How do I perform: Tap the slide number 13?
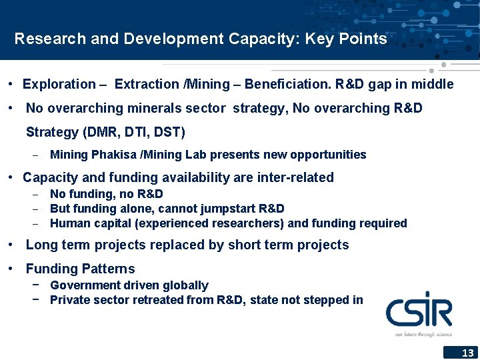468,353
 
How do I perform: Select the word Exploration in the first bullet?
59,84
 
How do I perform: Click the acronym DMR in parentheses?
101,132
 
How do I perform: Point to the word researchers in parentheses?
251,223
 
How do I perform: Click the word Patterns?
108,269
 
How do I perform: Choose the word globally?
184,285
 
